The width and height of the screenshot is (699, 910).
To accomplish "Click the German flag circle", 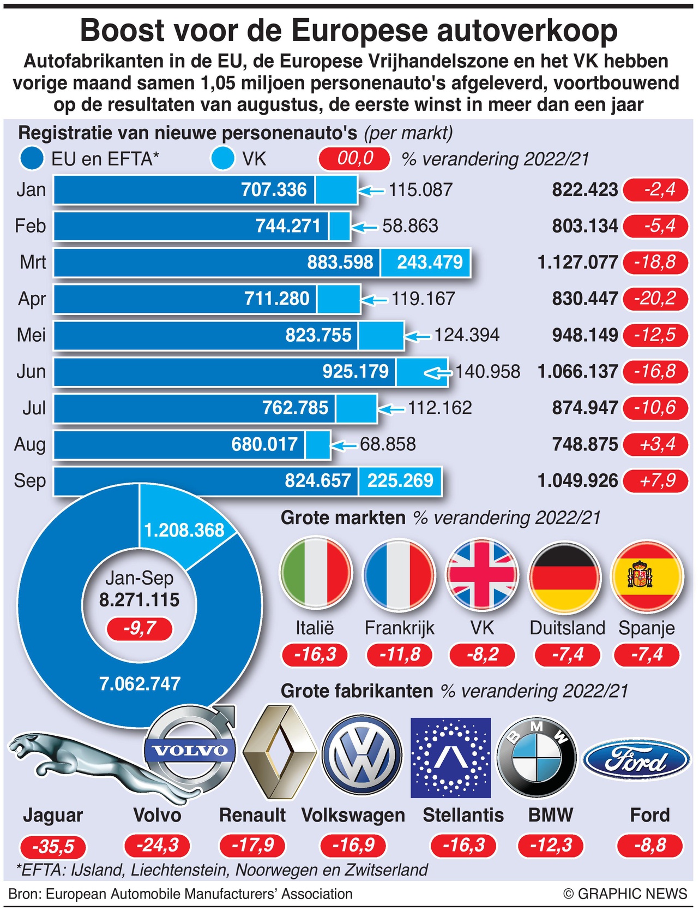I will click(565, 575).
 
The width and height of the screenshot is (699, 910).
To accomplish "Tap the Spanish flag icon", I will click(647, 575).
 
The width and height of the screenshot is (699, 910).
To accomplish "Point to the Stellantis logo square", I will click(450, 758).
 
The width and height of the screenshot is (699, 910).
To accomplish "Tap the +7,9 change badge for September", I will click(656, 480).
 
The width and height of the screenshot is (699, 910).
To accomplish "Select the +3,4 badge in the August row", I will click(656, 444).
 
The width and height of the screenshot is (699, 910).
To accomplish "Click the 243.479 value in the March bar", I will click(430, 262).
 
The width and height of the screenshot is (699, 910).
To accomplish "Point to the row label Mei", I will click(32, 335).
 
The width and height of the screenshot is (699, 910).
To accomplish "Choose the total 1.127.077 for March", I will click(577, 262).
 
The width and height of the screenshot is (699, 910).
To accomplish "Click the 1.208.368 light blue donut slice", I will click(184, 530).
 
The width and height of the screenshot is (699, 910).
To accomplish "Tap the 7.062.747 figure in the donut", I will click(140, 683).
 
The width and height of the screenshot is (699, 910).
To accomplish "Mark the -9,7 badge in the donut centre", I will click(140, 628).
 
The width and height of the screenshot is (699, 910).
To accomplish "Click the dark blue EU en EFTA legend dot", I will click(32, 159).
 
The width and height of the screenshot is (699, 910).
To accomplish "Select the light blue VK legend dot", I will click(222, 159).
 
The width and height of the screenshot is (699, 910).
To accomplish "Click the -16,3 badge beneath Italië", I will click(315, 655).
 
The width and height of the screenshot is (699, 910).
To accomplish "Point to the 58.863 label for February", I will click(410, 226).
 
